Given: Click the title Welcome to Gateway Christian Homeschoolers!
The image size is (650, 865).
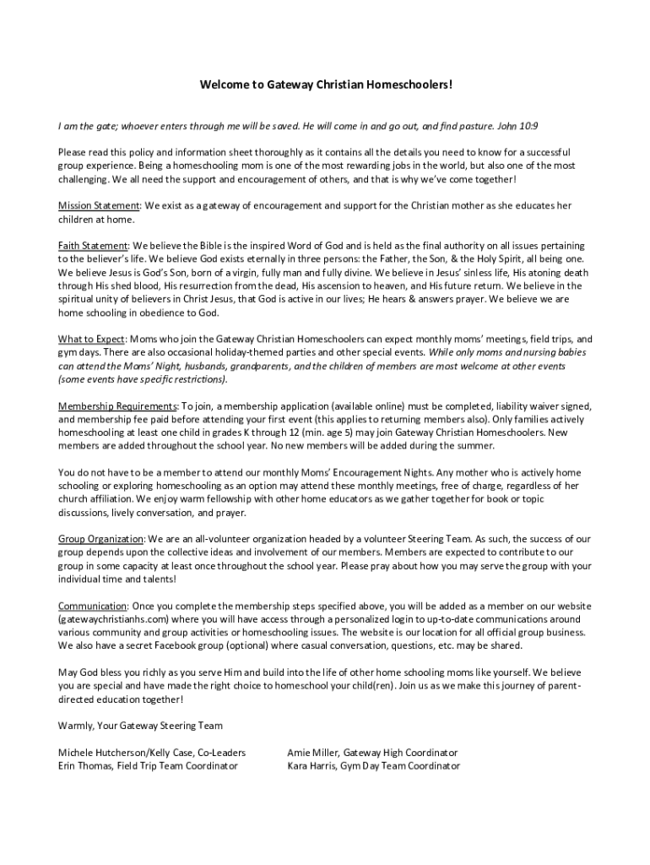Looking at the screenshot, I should [x=325, y=85].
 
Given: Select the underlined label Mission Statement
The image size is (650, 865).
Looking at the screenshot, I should [x=98, y=206].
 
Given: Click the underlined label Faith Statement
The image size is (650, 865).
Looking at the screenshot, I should [x=93, y=246].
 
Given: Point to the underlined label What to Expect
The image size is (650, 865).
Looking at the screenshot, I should [x=91, y=340].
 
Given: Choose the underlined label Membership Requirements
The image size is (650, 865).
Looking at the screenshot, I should [x=117, y=406].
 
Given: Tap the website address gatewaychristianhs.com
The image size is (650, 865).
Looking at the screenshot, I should [x=119, y=619].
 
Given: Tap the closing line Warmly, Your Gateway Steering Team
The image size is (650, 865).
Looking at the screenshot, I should [x=140, y=726].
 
